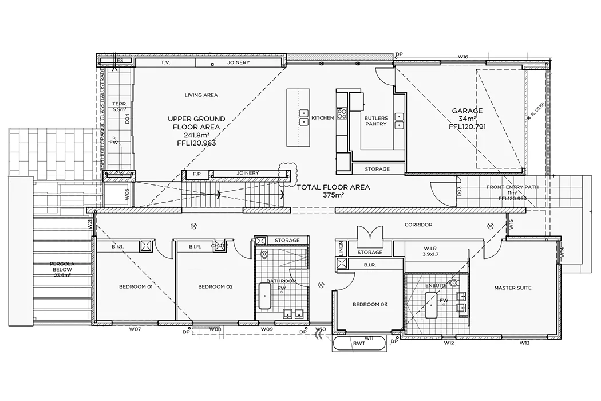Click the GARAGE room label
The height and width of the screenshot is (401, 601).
[x=467, y=111]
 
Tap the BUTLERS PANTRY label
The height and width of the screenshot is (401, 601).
[x=376, y=121]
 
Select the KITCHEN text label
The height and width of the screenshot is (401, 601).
[x=322, y=118]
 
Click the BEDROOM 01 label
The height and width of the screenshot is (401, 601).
[x=135, y=286]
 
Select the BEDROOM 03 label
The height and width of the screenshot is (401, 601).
[x=370, y=304]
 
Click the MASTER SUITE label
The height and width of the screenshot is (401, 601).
[x=512, y=288]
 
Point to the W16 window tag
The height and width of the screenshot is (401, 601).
[x=463, y=57]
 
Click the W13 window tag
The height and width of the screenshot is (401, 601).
[x=524, y=343]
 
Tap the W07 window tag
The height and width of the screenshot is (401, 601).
[x=135, y=329]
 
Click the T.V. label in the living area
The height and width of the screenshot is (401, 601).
[x=166, y=62]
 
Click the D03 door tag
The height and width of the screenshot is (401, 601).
[x=459, y=190]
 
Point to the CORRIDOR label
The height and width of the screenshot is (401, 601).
[x=418, y=225]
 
